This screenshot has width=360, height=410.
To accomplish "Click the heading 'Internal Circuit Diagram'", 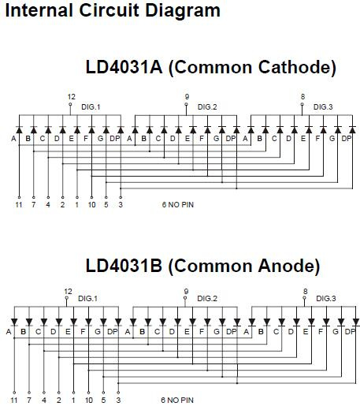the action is pos(113,11).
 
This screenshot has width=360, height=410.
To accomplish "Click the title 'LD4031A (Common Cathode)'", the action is pos(211,67).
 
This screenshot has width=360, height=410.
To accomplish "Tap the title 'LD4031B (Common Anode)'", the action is pos(202,266).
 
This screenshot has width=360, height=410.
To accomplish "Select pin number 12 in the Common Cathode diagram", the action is pos(71,97).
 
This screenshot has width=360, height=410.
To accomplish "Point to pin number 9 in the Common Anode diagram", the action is pos(186,291).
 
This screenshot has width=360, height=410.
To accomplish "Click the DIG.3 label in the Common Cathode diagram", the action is pos(323,107).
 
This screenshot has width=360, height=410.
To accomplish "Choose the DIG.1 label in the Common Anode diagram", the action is pos(87,299).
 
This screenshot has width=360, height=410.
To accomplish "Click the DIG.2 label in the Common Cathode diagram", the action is pos(207,107).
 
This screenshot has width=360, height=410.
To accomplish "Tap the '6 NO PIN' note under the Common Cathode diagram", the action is pos(178,204).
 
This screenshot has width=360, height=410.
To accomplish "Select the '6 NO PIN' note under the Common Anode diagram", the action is pos(177,400).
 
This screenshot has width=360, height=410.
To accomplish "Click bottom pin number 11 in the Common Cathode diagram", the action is pos(19,204).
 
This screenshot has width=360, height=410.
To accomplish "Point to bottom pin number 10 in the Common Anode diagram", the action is pos(89,400).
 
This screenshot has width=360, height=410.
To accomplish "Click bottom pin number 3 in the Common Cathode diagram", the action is pos(121,204).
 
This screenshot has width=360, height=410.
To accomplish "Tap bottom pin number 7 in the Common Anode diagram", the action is pos(29,400).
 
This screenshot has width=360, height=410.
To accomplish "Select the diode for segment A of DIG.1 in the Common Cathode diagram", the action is pos(19,130).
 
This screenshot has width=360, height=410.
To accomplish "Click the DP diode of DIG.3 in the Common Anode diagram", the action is pos(356,322).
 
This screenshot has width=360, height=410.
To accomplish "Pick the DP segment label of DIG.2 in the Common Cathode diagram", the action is pos(231,139).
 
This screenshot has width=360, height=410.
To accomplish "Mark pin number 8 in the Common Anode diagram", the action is pos(305,291).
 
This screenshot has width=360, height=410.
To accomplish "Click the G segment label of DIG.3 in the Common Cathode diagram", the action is pos(332,139).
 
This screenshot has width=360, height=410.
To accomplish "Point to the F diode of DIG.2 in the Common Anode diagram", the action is pos(207,322).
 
